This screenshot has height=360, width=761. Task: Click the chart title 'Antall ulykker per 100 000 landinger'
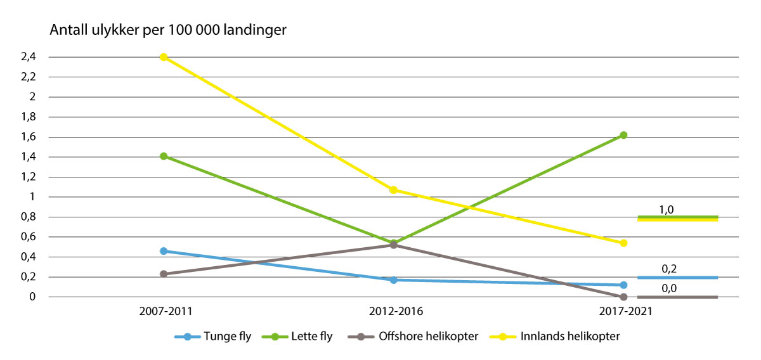tap(168, 30)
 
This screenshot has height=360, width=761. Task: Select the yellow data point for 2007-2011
tap(164, 57)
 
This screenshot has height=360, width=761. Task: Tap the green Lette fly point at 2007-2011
tap(164, 156)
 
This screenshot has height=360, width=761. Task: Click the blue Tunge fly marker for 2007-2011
tap(164, 251)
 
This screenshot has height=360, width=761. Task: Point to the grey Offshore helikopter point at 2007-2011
tap(164, 274)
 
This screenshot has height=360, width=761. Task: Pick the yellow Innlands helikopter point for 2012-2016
tap(394, 190)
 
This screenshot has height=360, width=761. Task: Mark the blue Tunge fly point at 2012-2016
tap(394, 280)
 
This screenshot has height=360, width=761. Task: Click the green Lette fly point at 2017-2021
tap(623, 135)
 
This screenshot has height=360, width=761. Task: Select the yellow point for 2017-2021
tap(623, 243)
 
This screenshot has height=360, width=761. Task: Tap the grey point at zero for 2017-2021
tap(623, 297)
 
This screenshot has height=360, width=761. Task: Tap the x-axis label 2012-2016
tap(394, 312)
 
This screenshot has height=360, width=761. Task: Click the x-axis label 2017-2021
tap(623, 312)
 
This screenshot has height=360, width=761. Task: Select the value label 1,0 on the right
tap(667, 210)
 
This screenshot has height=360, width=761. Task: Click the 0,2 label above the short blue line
tap(668, 269)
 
